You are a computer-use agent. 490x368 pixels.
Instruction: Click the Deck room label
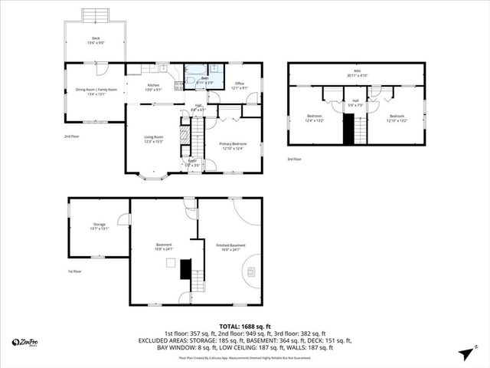pos(96,39)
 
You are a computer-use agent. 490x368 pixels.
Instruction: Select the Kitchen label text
pos(153,87)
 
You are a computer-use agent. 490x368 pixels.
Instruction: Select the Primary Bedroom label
pos(232,145)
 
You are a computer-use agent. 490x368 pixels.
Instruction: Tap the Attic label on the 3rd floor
pos(357,74)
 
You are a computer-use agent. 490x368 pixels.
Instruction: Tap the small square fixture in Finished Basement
pos(171,262)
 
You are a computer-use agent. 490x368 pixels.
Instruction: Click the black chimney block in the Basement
pos(185,269)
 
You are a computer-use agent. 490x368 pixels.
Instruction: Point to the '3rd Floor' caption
pos(295,159)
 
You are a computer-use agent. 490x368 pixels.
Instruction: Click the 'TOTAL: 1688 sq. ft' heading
pos(245,326)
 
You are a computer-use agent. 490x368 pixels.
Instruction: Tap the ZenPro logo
pos(27,342)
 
